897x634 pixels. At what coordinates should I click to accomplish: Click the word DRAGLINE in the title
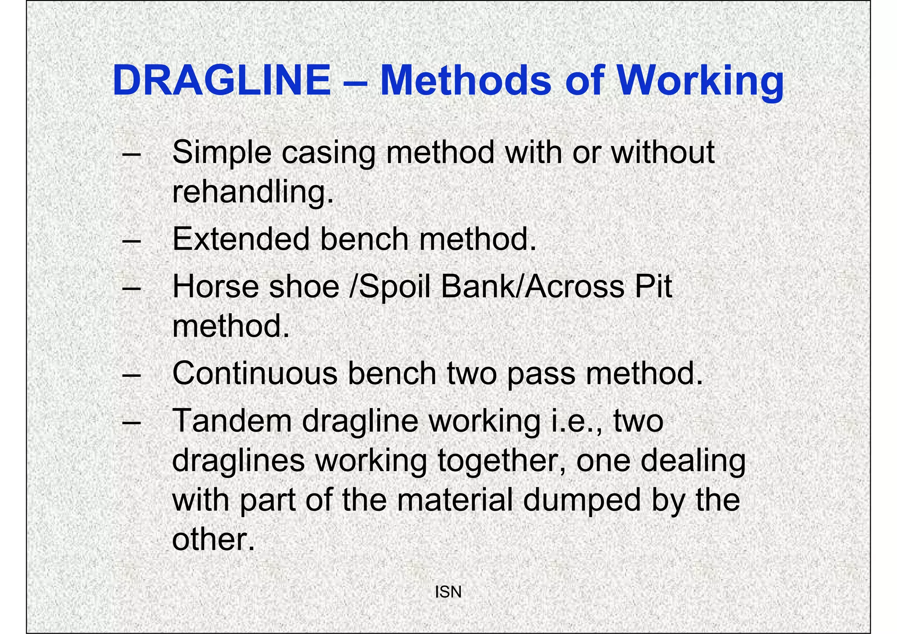pos(221,81)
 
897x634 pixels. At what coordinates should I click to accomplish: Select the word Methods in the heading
pos(466,81)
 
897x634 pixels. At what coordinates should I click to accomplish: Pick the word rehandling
pos(253,193)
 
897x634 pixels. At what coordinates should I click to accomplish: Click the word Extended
pos(240,239)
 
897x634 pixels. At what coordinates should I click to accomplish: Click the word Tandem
pos(232,421)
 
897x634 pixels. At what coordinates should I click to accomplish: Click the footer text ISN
pos(448,592)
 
